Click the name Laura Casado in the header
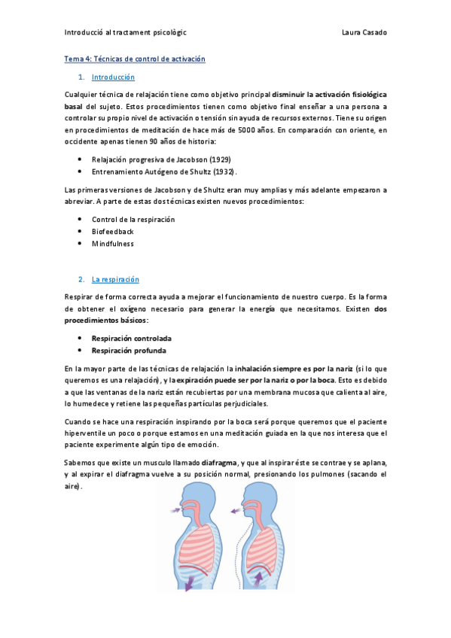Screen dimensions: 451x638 [x=364, y=32]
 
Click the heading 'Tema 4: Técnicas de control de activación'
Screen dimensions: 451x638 [x=135, y=59]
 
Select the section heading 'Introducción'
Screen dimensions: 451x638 [x=113, y=77]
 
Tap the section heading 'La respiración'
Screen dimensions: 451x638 [x=115, y=279]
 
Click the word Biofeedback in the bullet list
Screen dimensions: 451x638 [x=113, y=232]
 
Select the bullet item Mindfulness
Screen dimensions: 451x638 [x=113, y=244]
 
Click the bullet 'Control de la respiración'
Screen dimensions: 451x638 [x=133, y=219]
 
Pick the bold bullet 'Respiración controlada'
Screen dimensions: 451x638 [x=131, y=339]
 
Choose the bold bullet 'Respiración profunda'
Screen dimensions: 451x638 [x=129, y=351]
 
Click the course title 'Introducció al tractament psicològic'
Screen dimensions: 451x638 [x=126, y=32]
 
